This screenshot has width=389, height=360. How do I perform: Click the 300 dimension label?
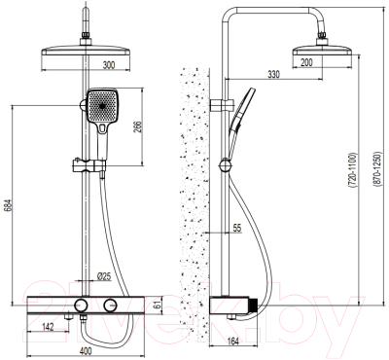tap(109, 65)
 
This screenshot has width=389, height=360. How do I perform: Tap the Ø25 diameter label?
tap(104, 276)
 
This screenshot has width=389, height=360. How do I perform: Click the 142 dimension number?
tap(48, 327)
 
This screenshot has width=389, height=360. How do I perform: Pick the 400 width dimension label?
tap(86, 351)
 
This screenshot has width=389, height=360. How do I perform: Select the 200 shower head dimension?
tap(306, 62)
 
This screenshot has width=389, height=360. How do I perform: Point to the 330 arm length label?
tap(273, 75)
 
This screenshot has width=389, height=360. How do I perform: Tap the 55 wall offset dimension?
tap(237, 228)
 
